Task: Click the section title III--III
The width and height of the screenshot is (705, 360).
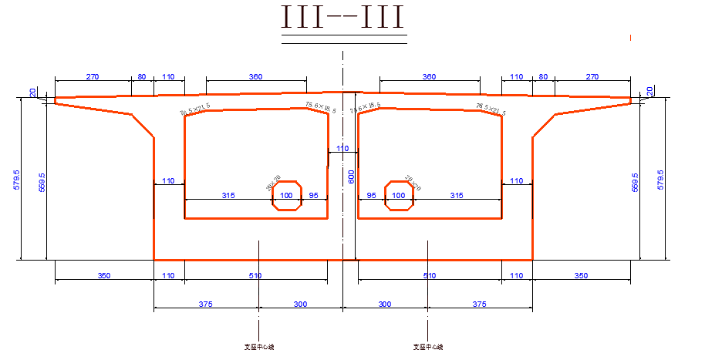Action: tap(343, 19)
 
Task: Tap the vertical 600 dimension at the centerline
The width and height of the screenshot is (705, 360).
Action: tap(351, 177)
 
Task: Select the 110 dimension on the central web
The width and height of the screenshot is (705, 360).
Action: tap(342, 148)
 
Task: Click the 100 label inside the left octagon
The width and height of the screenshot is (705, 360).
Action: tap(287, 196)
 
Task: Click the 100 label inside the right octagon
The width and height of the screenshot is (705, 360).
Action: tap(399, 196)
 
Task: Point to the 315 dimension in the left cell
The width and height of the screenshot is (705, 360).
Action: tap(228, 196)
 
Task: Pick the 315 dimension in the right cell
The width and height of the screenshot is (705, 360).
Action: tap(457, 196)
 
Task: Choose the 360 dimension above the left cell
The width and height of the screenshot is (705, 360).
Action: tap(255, 77)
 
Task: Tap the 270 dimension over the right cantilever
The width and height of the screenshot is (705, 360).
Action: tap(592, 77)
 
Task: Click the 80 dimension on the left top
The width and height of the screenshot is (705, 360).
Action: tap(142, 77)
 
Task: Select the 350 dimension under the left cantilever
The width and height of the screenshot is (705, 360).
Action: tap(104, 275)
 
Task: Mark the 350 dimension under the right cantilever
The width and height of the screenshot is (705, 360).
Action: tap(582, 275)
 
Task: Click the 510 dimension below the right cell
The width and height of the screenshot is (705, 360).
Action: tap(430, 275)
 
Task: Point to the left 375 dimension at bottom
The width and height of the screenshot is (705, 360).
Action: tap(205, 304)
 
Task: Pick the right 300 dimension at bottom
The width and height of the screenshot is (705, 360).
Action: tap(384, 304)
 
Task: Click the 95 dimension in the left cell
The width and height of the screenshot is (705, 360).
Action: tap(313, 196)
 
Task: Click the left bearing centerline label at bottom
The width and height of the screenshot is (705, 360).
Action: tap(259, 347)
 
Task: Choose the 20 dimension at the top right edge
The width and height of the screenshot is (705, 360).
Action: tap(649, 91)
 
